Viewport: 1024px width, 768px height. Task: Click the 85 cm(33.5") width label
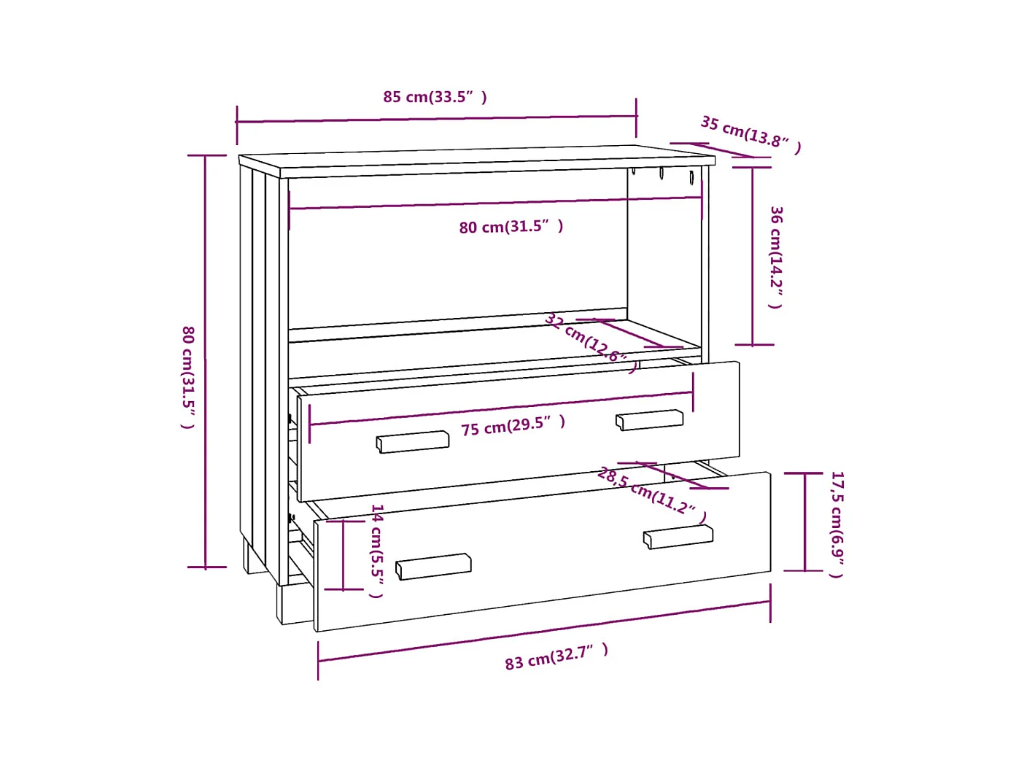(x=435, y=97)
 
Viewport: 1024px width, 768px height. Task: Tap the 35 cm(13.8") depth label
(x=750, y=134)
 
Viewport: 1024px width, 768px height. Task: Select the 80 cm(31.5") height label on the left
(x=188, y=376)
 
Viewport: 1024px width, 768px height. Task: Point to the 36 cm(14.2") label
(x=776, y=257)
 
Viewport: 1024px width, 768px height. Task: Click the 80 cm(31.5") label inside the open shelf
(x=511, y=227)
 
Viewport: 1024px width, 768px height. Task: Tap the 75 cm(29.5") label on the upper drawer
(x=513, y=425)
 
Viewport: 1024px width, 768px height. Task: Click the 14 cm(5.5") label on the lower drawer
(x=376, y=550)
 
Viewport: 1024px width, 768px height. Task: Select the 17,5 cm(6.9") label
(x=837, y=524)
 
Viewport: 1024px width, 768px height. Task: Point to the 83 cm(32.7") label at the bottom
(x=556, y=656)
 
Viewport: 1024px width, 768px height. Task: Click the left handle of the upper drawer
(x=413, y=441)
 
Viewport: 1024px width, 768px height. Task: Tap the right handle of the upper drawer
(x=649, y=419)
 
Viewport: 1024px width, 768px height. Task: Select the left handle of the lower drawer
(x=433, y=566)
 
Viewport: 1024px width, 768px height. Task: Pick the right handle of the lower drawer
(x=678, y=537)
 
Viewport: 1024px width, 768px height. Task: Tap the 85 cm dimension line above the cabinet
(x=436, y=119)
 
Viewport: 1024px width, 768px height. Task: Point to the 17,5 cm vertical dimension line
(x=804, y=521)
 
